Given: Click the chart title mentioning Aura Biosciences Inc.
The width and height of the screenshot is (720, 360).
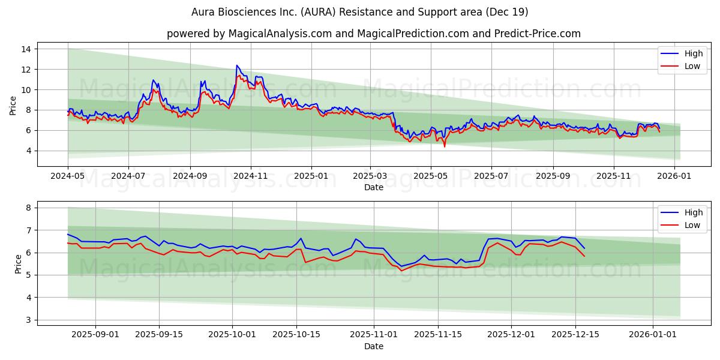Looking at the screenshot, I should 360,12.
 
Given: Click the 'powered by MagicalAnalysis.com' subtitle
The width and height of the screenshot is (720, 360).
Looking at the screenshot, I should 373,34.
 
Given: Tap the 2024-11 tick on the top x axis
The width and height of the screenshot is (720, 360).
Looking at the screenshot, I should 250,177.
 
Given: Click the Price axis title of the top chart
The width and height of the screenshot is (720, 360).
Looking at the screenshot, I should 13,104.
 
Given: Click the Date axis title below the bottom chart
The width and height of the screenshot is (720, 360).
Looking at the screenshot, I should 373,346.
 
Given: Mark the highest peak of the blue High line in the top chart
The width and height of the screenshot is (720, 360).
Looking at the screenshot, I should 237,65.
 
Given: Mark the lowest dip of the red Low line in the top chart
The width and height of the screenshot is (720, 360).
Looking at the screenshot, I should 445,146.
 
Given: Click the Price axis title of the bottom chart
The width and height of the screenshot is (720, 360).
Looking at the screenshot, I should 18,263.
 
